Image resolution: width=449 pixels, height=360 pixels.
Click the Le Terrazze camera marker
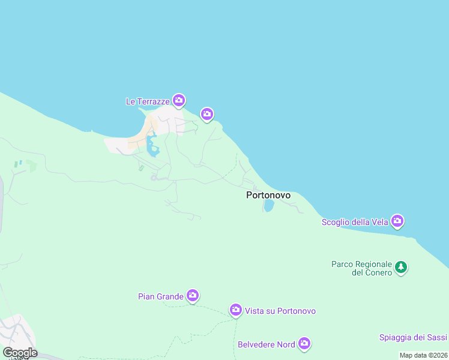tap(178, 100)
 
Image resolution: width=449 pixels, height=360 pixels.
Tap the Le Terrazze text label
tap(147, 101)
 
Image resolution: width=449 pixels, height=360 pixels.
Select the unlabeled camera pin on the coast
tap(207, 113)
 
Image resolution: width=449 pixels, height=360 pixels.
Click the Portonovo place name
tap(268, 195)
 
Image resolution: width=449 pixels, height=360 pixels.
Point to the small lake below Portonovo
tap(269, 206)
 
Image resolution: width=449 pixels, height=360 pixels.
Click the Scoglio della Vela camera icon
tap(397, 221)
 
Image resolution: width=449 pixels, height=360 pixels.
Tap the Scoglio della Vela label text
tap(354, 222)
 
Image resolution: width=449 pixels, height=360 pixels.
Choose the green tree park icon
tap(401, 267)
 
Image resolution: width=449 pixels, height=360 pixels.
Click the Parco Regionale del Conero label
tap(361, 268)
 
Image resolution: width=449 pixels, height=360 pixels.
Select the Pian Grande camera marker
tap(192, 295)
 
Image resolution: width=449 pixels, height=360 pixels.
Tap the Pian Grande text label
tap(160, 296)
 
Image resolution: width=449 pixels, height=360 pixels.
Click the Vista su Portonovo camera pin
tap(236, 310)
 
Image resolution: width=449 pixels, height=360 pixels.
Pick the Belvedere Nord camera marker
tap(304, 343)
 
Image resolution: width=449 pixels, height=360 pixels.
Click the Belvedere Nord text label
tap(267, 344)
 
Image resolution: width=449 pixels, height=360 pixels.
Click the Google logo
tap(20, 352)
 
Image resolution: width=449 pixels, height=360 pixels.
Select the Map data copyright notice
tap(423, 355)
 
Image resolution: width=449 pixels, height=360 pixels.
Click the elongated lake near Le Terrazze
tap(151, 146)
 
